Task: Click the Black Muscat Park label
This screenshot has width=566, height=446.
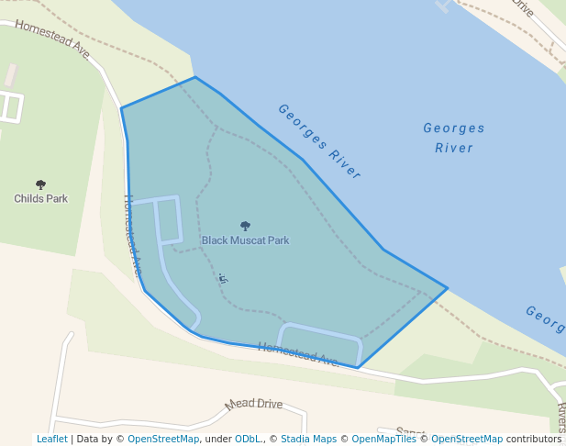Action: pos(245,240)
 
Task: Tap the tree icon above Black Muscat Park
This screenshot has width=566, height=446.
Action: pos(245,226)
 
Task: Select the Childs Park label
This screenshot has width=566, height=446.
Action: pos(40,198)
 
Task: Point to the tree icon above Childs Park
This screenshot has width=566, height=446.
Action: pos(40,184)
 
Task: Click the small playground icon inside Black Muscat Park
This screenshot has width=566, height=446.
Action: pos(223,278)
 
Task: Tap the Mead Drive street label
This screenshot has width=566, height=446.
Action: pos(254,404)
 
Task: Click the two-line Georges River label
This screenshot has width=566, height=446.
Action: pos(454,138)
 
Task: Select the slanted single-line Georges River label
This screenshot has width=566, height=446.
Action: pos(319,141)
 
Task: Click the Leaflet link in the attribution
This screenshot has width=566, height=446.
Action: pos(51,440)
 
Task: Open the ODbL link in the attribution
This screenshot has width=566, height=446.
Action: pos(248,440)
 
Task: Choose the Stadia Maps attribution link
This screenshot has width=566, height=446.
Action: pos(308,440)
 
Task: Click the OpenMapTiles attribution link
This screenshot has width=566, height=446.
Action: pos(384,440)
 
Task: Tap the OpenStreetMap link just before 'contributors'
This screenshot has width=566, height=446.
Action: pos(467,440)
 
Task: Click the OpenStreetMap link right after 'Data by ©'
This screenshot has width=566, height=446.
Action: pos(163,440)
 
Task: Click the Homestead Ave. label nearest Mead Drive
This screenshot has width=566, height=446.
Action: pos(298,354)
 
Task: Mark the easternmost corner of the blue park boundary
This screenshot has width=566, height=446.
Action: pos(448,288)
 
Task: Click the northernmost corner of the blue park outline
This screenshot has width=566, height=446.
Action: pos(194,77)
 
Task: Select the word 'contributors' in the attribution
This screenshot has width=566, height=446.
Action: pos(534,440)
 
